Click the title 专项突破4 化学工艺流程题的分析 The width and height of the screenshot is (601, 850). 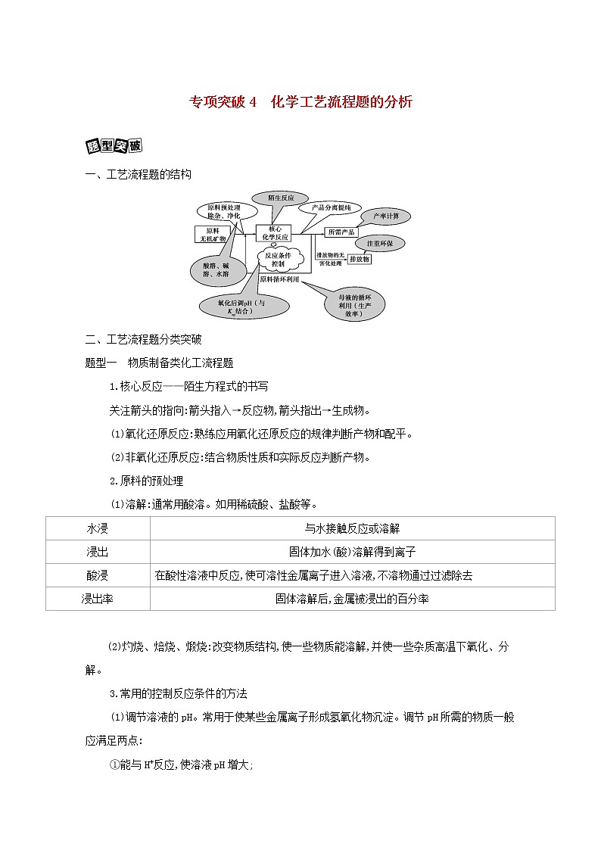pos(300,102)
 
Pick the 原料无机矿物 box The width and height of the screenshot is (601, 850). pos(211,235)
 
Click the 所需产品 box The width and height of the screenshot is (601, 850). pos(340,232)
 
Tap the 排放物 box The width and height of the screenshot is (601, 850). pos(361,259)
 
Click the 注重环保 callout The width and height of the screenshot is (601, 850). pos(385,243)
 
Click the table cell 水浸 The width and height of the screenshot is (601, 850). pos(98,528)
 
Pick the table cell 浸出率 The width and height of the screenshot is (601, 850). pos(98,598)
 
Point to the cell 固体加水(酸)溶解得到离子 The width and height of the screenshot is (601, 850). pos(353,552)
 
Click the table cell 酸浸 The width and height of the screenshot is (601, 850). pos(98,575)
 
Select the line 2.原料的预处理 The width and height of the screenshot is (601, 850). pos(146,480)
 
